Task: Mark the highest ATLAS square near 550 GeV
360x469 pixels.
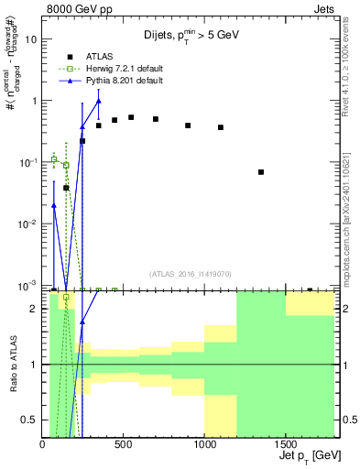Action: click(x=131, y=117)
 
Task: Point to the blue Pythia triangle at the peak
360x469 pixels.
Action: click(x=99, y=101)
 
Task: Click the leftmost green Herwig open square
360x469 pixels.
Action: click(x=54, y=159)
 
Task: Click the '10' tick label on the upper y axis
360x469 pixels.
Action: click(x=31, y=39)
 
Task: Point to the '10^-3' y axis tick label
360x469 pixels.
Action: click(x=27, y=286)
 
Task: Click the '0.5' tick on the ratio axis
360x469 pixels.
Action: click(x=30, y=420)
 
